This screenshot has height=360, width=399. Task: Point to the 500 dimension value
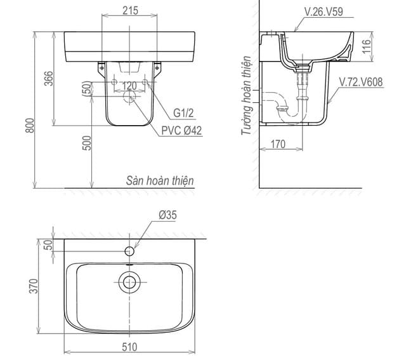coord(88,143)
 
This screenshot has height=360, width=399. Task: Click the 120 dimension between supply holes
coord(129,86)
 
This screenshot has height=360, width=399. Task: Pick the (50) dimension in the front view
coord(87,90)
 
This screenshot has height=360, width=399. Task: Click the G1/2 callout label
coord(183,113)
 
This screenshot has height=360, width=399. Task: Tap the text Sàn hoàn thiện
coord(159,181)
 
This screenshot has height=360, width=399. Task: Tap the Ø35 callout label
coord(167,215)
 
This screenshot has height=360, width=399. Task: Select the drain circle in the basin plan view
coord(130,282)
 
